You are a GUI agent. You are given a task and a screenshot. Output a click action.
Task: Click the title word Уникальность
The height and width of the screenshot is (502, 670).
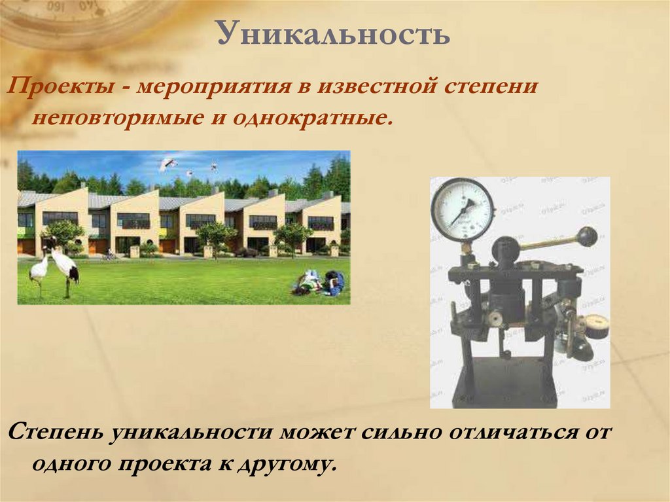click(334, 34)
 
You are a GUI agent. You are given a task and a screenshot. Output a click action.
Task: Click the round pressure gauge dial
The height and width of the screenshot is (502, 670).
click(463, 209)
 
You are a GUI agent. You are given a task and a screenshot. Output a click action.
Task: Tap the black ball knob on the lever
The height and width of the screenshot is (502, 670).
click(587, 236)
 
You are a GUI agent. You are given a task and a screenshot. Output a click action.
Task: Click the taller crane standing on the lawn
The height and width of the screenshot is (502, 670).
click(65, 268)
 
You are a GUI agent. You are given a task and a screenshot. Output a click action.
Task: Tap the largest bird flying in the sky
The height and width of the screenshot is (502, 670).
click(168, 163)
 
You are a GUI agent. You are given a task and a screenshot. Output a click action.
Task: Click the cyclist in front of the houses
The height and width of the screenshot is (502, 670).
click(108, 255)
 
